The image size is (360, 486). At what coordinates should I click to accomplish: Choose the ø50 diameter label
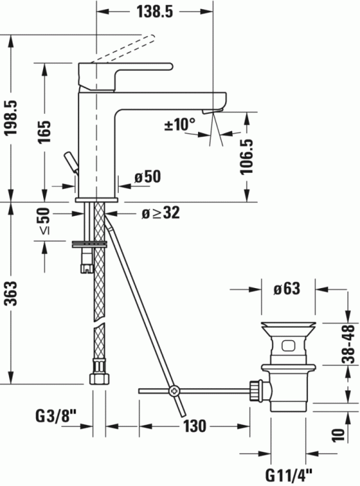tap(147, 177)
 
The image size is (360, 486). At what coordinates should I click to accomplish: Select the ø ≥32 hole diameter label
tap(161, 213)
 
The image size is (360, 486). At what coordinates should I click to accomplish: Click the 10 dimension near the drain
tap(338, 435)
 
